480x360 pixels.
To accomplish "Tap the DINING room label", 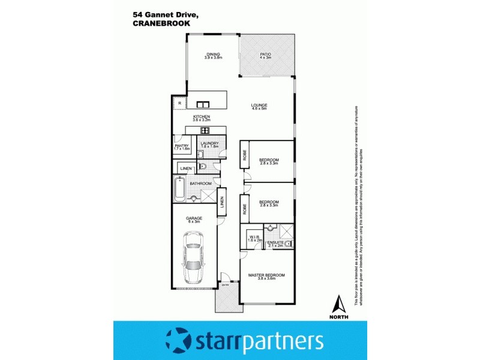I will [214, 54].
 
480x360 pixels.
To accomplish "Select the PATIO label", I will [266, 54].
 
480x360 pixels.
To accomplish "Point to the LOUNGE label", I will [259, 106].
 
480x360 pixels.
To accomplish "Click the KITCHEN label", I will [201, 117].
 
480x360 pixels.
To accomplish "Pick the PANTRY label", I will [182, 145].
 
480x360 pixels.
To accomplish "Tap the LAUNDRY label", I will [209, 143].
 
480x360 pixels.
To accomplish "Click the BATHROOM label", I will [201, 183].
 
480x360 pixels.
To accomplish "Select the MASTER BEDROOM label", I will [266, 275].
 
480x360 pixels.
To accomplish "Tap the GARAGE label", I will [193, 218].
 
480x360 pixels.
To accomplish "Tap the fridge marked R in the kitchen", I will [179, 104].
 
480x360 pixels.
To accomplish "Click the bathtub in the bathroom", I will [178, 190].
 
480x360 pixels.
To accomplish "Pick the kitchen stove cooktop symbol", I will [205, 130].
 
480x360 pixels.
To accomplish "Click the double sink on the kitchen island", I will [200, 103].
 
